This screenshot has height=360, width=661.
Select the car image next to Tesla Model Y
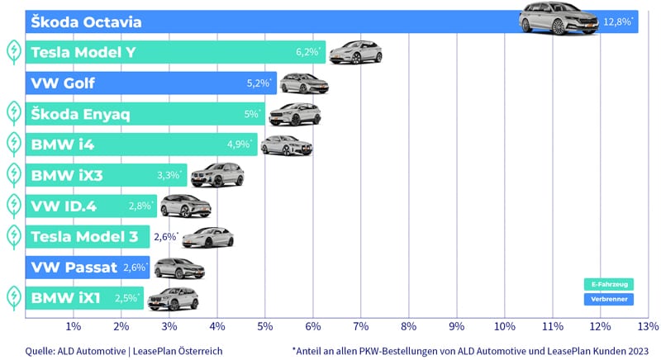(x=355, y=53)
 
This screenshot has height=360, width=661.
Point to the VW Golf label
(x=64, y=83)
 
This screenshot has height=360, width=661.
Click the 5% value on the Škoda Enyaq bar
(x=252, y=114)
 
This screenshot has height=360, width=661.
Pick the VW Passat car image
(x=178, y=267)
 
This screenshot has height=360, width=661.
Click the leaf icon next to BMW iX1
(x=13, y=296)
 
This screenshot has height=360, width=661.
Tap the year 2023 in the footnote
(x=632, y=350)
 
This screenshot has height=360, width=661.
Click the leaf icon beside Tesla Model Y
(x=13, y=53)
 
